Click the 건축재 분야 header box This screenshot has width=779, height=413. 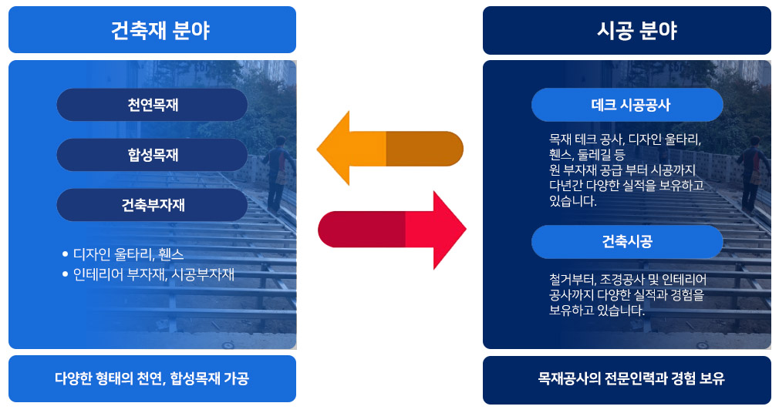coord(152,30)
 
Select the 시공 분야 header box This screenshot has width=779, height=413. coord(626,30)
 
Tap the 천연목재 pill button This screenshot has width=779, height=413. coord(152,105)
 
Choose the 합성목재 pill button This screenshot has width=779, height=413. coord(152,155)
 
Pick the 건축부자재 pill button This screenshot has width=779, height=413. coord(152,205)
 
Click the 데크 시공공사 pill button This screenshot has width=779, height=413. coord(626,104)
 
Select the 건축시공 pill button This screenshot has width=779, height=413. coord(626,242)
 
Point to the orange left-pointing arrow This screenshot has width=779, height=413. coord(389,149)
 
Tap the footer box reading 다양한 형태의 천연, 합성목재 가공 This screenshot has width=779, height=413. coord(152,378)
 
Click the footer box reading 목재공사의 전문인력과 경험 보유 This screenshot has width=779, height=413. coord(626,379)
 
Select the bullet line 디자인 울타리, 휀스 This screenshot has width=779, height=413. coord(127,254)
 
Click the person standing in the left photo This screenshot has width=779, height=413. coord(282,173)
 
